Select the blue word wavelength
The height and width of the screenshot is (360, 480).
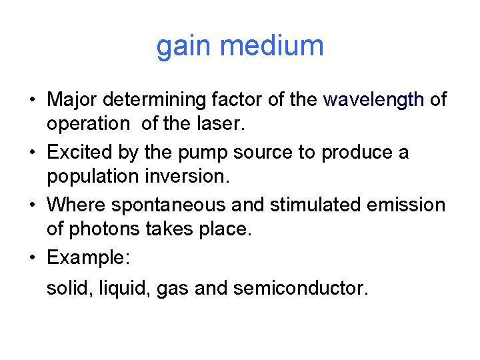pyautogui.click(x=373, y=100)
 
